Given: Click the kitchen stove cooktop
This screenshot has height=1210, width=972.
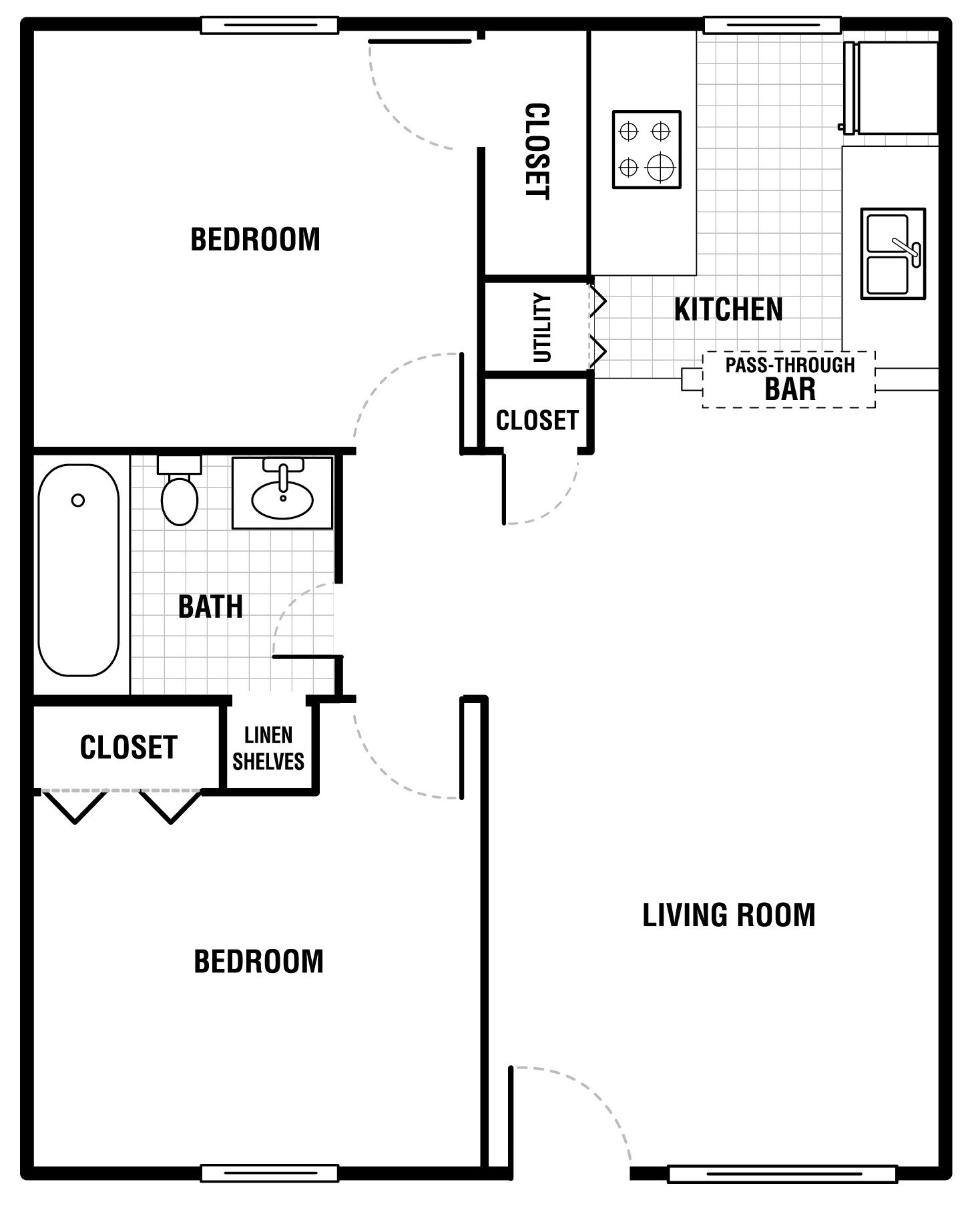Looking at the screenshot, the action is coord(646,150).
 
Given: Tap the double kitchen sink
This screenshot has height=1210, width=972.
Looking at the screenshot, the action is coord(893,254).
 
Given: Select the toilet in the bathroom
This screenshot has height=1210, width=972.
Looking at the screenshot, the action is coord(180,491).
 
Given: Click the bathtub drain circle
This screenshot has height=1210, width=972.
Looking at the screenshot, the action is coord(78,500).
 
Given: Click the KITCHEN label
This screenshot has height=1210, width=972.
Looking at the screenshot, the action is coord(728,310).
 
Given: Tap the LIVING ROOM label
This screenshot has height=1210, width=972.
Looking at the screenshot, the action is coord(729,915).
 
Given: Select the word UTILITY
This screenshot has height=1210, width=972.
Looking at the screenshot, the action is coord(542,328).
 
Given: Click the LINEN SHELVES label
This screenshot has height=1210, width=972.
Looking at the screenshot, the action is coord(268,749).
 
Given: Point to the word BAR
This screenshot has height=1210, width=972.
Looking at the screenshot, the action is coord(790,389).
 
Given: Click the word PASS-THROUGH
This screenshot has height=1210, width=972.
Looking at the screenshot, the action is coord(790,365).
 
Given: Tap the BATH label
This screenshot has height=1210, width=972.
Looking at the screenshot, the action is coord(210,607).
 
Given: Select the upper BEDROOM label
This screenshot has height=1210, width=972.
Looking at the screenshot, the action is coord(255,240).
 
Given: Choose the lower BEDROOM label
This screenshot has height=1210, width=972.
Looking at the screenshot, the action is coord(258,962).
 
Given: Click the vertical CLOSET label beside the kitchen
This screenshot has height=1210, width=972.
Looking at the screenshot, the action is coord(537,151).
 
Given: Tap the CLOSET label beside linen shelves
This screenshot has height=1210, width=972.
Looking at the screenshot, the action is coord(128,747).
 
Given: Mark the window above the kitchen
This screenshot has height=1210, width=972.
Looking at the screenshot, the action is coord(772,25).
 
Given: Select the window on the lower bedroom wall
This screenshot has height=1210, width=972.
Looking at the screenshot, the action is coord(269,1173).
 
